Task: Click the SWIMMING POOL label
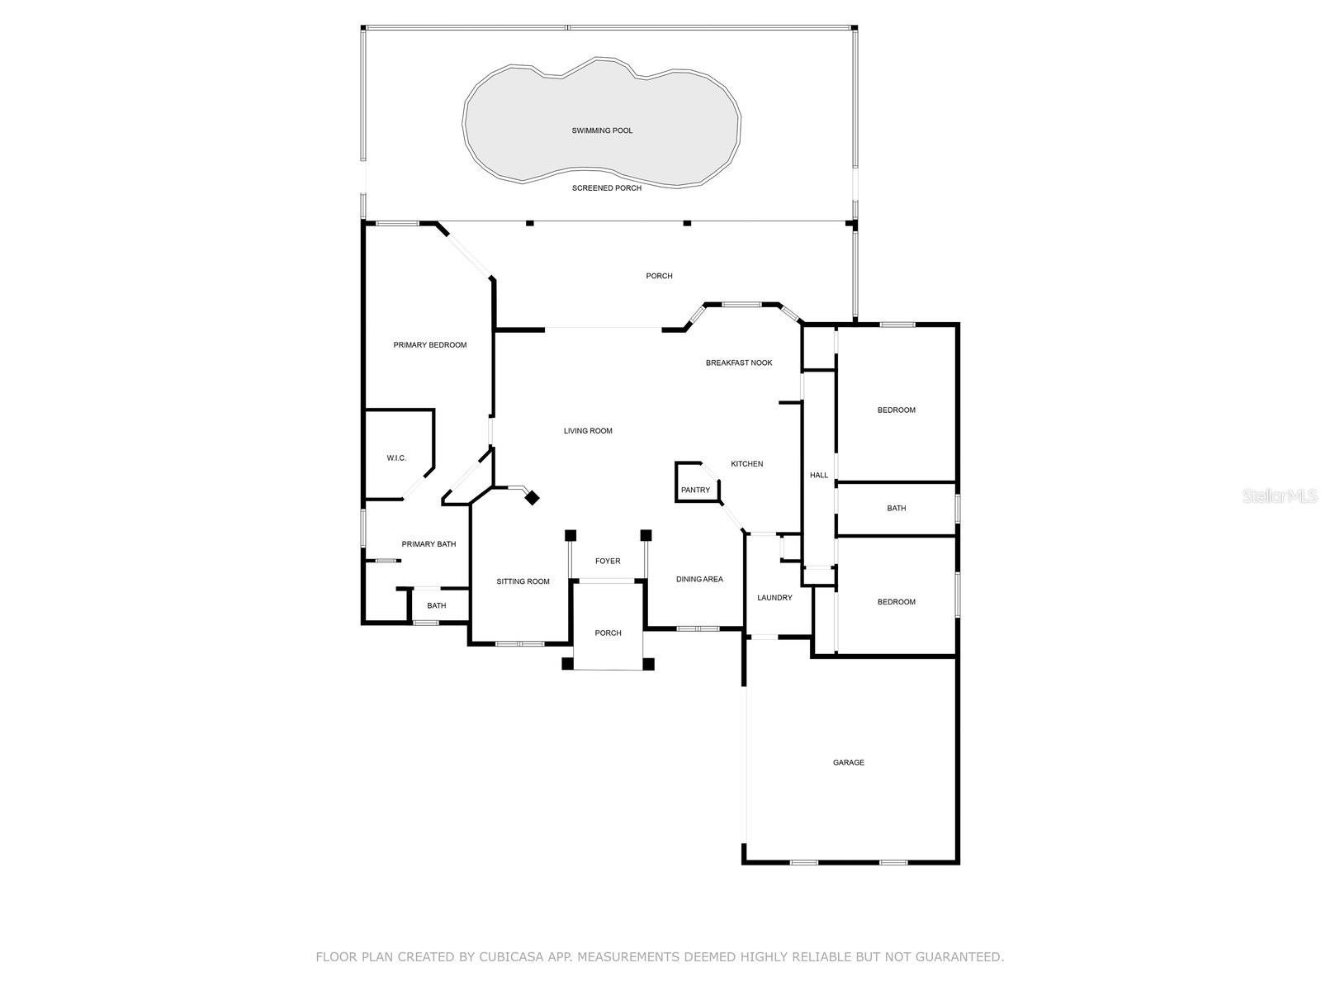602,130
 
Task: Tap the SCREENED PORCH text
607,188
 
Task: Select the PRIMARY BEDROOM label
429,345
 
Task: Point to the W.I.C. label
396,458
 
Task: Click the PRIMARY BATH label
428,544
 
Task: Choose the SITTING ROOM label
523,582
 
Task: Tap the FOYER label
608,562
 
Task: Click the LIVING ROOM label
588,431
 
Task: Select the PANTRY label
695,491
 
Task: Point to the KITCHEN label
747,464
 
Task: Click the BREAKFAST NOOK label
739,363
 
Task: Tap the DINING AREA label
699,580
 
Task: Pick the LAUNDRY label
774,598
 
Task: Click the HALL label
818,476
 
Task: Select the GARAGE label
849,762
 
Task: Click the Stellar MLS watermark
1280,495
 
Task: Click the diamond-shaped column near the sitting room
532,498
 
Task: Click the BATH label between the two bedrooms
896,509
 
